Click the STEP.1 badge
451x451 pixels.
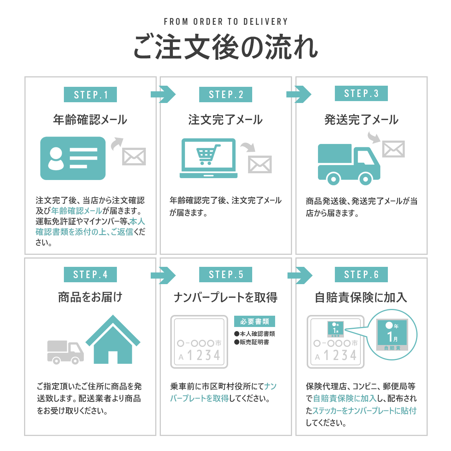pyautogui.click(x=90, y=95)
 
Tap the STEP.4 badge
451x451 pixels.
pyautogui.click(x=90, y=275)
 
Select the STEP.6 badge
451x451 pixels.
pyautogui.click(x=361, y=275)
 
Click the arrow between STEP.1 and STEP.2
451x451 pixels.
pyautogui.click(x=163, y=94)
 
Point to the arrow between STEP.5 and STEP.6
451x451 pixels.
pyautogui.click(x=300, y=275)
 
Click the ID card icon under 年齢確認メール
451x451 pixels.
pyautogui.click(x=73, y=158)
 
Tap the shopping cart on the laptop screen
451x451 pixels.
pyautogui.click(x=206, y=154)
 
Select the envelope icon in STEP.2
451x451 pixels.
pyautogui.click(x=260, y=164)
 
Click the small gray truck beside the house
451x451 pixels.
pyautogui.click(x=65, y=352)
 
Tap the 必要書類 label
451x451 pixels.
pyautogui.click(x=254, y=321)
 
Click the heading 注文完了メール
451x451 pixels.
pyautogui.click(x=225, y=120)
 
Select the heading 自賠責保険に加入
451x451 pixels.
pyautogui.click(x=361, y=297)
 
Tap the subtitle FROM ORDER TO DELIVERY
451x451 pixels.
pyautogui.click(x=225, y=22)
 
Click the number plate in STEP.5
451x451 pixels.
pyautogui.click(x=199, y=342)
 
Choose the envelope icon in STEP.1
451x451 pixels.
pyautogui.click(x=134, y=156)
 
